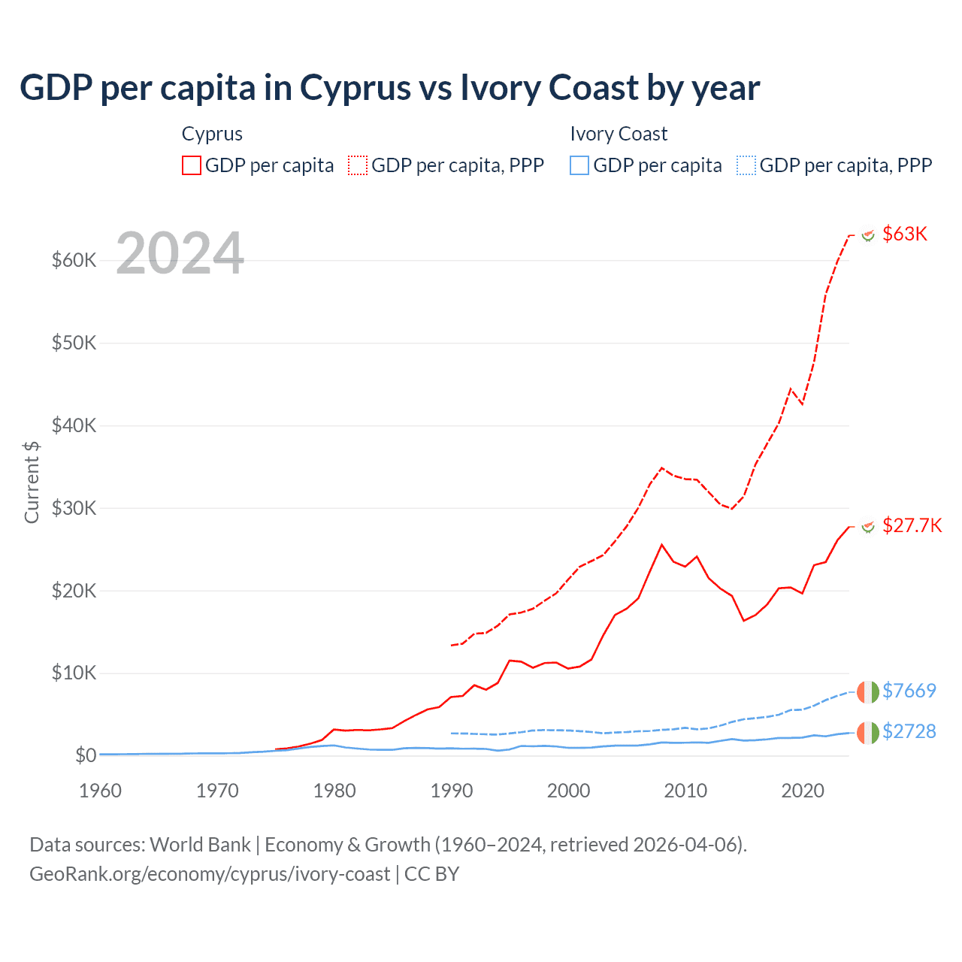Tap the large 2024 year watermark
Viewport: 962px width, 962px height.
[180, 253]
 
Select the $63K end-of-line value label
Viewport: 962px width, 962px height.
[905, 234]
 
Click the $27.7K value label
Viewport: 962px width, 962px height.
[912, 525]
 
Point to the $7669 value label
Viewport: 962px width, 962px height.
[909, 691]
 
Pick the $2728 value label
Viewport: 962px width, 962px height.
[909, 731]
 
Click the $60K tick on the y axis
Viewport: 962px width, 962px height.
[74, 261]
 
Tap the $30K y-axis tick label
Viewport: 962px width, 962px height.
[74, 508]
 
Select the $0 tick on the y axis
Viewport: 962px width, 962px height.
[86, 755]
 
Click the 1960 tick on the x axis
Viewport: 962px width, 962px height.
[100, 791]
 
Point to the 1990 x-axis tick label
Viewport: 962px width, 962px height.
[452, 791]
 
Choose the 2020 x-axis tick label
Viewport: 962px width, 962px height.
[803, 791]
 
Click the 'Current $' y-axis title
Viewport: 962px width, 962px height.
[32, 482]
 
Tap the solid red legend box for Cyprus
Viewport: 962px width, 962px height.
[192, 165]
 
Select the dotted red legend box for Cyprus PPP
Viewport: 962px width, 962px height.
[358, 165]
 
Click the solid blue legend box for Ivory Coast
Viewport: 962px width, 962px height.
[579, 165]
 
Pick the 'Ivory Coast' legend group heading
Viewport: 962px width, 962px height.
[619, 134]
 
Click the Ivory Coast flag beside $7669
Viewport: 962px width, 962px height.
[867, 691]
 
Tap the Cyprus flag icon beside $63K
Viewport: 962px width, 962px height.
[868, 235]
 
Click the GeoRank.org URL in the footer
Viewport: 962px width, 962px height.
[210, 874]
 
